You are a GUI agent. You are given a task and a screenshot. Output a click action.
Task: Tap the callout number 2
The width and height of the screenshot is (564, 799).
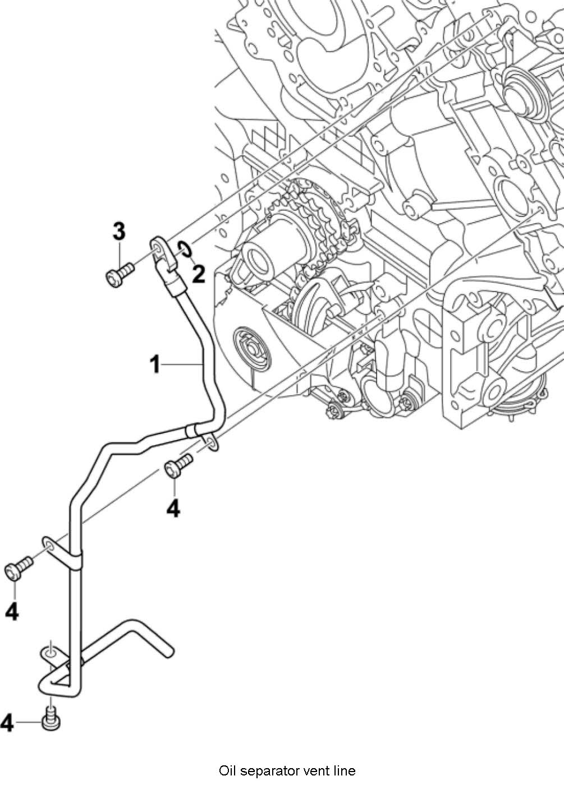pos(198,274)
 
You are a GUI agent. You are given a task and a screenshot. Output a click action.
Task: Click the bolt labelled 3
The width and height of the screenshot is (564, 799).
pos(119,275)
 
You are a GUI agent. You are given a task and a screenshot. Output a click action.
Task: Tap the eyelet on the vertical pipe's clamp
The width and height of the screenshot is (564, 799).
pos(48,545)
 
